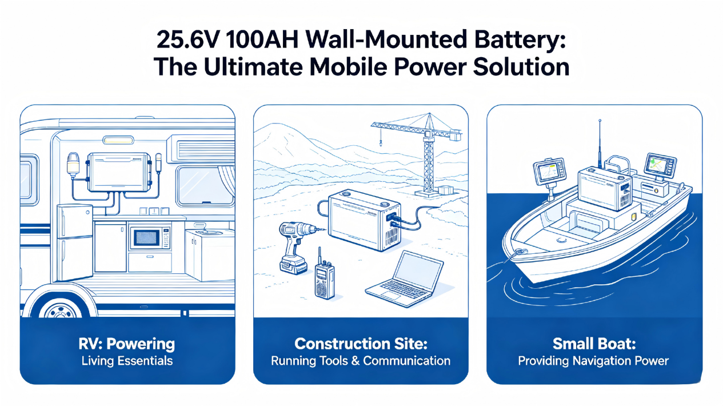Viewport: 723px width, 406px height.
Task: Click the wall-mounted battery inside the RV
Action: click(x=118, y=172)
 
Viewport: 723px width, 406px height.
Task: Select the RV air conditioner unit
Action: click(x=201, y=149)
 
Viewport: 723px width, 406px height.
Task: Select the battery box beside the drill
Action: click(x=365, y=220)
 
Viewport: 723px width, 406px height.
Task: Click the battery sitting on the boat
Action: click(x=605, y=188)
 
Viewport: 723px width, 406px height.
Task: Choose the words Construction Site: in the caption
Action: click(x=361, y=344)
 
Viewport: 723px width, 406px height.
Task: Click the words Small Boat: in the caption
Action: click(x=594, y=344)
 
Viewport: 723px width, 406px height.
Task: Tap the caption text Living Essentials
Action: click(x=127, y=361)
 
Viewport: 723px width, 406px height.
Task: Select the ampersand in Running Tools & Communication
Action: click(x=355, y=361)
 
